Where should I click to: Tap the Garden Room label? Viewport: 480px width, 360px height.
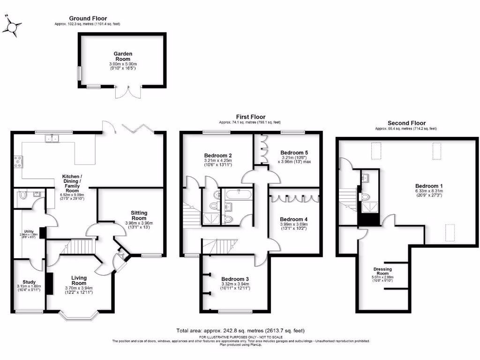pyautogui.click(x=123, y=56)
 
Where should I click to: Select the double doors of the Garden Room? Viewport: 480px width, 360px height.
pyautogui.click(x=127, y=92)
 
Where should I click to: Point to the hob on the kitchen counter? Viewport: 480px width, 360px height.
pyautogui.click(x=18, y=161)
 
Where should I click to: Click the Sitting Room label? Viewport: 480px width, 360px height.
pyautogui.click(x=139, y=216)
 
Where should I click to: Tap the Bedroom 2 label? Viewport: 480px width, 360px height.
pyautogui.click(x=218, y=155)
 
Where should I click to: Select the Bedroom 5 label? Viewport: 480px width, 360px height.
pyautogui.click(x=294, y=152)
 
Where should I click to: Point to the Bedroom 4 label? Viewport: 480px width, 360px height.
pyautogui.click(x=294, y=219)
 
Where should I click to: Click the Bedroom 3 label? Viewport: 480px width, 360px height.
pyautogui.click(x=235, y=279)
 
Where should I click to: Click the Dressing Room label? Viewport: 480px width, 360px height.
pyautogui.click(x=383, y=269)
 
